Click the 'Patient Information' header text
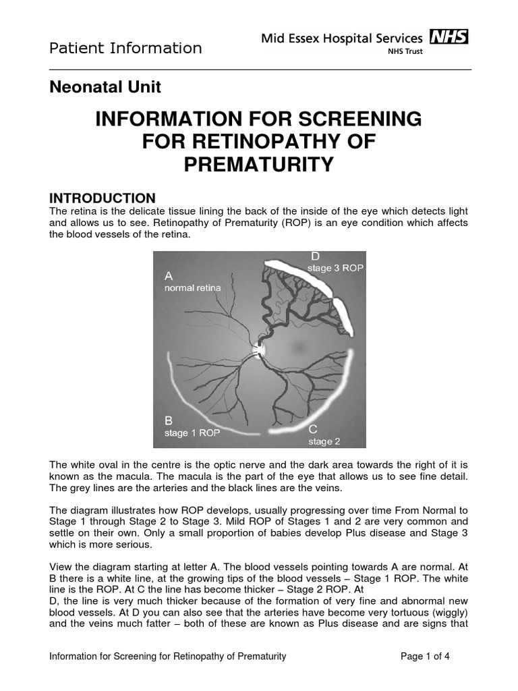125,48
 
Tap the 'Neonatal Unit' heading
106,86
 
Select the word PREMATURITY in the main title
259,165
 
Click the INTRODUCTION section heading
103,198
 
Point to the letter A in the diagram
169,276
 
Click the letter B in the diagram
169,420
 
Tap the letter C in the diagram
313,429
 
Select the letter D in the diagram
315,256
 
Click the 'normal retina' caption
192,288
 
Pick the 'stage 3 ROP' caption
335,269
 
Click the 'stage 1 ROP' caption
192,433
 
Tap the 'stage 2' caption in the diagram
320,442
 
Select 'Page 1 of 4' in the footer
425,656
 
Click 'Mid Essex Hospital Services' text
342,38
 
